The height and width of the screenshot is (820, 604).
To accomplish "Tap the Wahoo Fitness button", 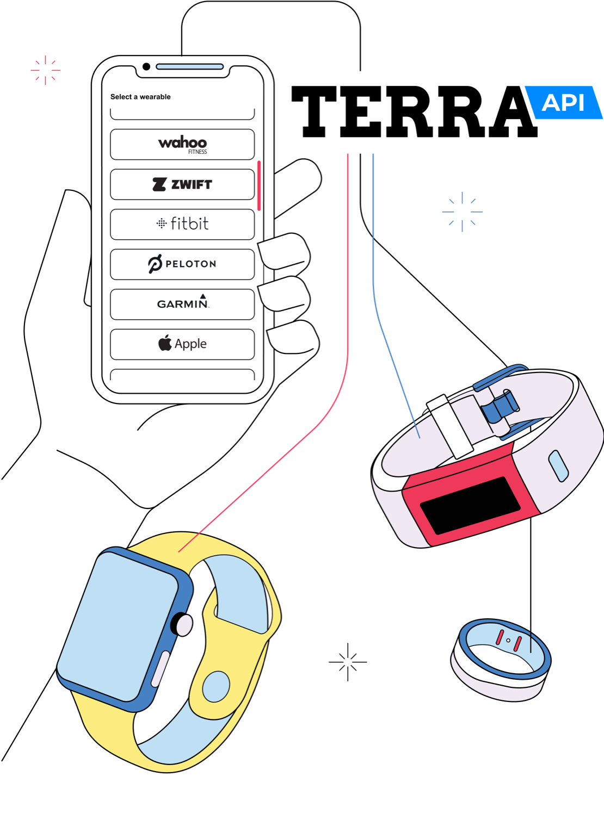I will tap(182, 144).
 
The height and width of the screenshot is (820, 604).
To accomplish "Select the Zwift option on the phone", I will tap(182, 184).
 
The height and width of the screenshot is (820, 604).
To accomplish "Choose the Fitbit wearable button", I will tap(182, 224).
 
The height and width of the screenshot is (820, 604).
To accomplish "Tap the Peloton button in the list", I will tap(182, 264).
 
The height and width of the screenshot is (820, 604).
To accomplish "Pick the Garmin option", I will tap(182, 304).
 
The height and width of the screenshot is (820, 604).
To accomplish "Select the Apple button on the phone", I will tap(182, 344).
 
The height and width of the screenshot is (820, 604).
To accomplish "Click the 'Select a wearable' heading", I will tap(140, 97).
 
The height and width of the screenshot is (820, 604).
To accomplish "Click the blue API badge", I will tap(563, 102).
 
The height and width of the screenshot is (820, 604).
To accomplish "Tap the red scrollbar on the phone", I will tap(259, 185).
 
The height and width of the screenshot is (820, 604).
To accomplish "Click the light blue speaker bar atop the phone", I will tap(189, 67).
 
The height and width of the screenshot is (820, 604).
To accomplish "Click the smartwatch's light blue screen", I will tap(117, 625).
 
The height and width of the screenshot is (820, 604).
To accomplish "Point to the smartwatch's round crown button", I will tap(184, 625).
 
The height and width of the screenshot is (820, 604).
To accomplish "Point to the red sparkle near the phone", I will tap(45, 70).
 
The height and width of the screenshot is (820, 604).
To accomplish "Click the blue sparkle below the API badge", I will tap(463, 212).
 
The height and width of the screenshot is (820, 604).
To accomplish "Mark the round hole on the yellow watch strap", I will tap(216, 686).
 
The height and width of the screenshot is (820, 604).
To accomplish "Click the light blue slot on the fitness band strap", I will tap(558, 465).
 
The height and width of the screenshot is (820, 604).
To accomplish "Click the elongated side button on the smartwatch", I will tap(159, 669).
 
